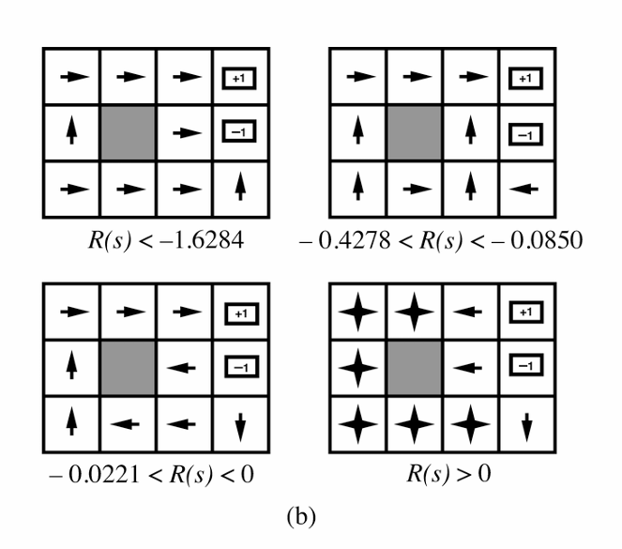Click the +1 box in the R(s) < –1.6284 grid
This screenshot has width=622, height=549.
(x=239, y=78)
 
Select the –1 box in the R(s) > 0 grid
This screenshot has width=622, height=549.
(x=525, y=365)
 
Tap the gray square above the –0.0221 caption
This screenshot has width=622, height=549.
(x=128, y=368)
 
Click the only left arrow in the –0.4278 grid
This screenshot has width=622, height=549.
(x=523, y=190)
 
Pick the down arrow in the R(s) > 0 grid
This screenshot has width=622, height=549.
(x=526, y=427)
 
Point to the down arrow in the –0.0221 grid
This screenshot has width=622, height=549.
(x=240, y=427)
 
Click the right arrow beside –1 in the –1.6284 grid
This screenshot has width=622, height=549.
(x=188, y=133)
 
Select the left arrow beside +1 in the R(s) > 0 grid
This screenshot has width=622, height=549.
(x=467, y=312)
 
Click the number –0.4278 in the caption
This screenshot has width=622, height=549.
(x=344, y=240)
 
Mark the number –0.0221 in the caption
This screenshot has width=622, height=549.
(x=94, y=475)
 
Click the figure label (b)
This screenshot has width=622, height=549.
(x=301, y=516)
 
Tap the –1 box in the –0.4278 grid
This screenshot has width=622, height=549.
(x=525, y=135)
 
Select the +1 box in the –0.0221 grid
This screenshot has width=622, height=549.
(x=242, y=313)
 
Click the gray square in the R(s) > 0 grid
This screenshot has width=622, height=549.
(x=414, y=368)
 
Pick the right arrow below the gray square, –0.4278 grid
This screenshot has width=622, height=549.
(x=417, y=190)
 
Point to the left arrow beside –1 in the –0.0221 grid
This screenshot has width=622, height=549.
(x=181, y=368)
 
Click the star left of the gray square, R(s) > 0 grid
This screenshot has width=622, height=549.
(x=357, y=368)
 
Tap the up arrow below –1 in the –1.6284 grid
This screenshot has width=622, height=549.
(x=240, y=186)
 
